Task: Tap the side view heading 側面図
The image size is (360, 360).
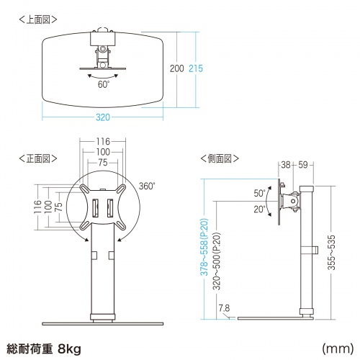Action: (x=220, y=156)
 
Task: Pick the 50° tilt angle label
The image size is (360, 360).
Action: (x=259, y=194)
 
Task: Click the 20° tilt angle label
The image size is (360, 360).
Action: (x=259, y=209)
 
